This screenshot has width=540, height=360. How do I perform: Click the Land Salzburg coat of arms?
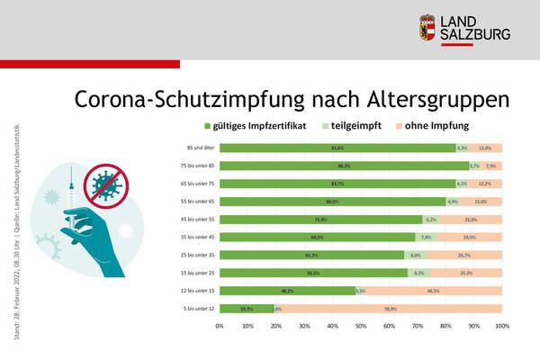(429, 28)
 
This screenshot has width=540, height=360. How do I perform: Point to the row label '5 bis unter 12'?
(193, 309)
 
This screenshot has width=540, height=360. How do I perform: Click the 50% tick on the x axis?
(361, 325)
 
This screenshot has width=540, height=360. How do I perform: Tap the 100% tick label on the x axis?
(502, 325)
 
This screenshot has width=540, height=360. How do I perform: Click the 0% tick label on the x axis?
(220, 325)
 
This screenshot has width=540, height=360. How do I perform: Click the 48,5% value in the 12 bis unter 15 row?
(433, 291)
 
